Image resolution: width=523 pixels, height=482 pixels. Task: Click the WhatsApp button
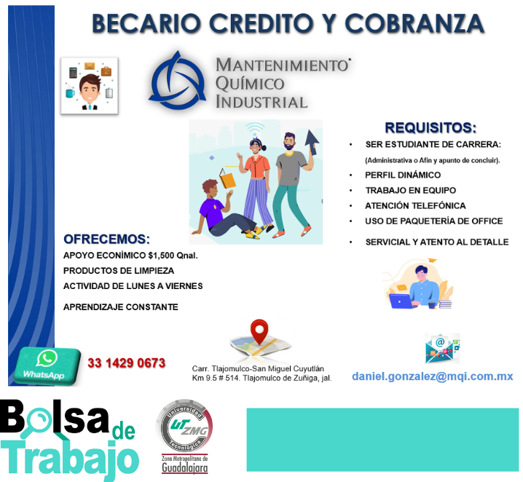click(47, 366)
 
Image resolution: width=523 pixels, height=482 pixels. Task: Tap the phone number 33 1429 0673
click(127, 363)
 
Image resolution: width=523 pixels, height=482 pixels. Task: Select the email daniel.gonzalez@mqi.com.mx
click(432, 376)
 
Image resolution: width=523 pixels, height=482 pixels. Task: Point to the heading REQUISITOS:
click(430, 127)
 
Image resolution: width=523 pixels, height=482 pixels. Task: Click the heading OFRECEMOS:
click(107, 239)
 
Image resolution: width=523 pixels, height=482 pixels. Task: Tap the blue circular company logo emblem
click(178, 81)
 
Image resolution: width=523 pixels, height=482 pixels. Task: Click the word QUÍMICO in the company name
click(250, 83)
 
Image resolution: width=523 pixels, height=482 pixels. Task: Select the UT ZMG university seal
click(184, 426)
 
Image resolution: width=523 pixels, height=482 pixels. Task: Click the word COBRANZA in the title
click(414, 24)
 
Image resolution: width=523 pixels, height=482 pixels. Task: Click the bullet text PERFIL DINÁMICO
click(403, 175)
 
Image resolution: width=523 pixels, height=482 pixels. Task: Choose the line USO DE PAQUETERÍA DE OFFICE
click(434, 221)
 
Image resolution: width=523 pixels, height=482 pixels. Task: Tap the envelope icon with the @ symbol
click(442, 348)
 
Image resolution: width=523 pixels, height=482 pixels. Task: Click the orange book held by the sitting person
click(227, 178)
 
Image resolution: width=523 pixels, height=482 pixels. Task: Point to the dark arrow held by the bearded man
click(312, 142)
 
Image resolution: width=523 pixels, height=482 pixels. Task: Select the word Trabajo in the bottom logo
click(70, 459)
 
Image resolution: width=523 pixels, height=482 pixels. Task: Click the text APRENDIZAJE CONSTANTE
click(121, 307)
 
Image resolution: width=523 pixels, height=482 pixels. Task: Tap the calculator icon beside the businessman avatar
click(73, 72)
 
